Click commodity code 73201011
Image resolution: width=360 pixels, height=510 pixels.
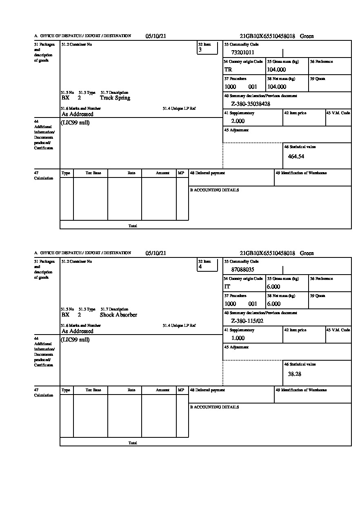pyautogui.click(x=242, y=52)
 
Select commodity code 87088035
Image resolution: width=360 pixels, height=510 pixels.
pyautogui.click(x=242, y=269)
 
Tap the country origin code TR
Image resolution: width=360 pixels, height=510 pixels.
pyautogui.click(x=228, y=70)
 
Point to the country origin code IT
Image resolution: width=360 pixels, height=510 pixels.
pyautogui.click(x=227, y=287)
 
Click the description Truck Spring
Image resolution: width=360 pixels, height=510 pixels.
pyautogui.click(x=115, y=98)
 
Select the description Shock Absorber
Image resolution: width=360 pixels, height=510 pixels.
pyautogui.click(x=118, y=315)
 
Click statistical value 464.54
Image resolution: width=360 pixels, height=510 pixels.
pyautogui.click(x=296, y=156)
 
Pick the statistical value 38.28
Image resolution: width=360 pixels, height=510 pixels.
pyautogui.click(x=294, y=373)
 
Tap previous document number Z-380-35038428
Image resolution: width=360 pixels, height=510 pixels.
pyautogui.click(x=251, y=104)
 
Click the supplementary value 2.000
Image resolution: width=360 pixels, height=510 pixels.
pyautogui.click(x=238, y=121)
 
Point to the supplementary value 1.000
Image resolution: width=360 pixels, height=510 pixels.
pyautogui.click(x=238, y=338)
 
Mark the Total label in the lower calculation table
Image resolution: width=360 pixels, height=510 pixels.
pyautogui.click(x=133, y=443)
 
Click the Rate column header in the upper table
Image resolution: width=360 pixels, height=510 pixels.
pyautogui.click(x=131, y=173)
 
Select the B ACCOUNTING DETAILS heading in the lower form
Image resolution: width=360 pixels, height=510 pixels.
pyautogui.click(x=214, y=407)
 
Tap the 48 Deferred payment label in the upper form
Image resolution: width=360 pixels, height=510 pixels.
pyautogui.click(x=207, y=173)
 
